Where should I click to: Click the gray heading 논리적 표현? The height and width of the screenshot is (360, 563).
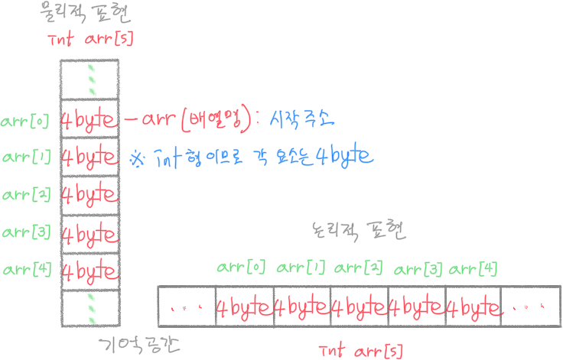pyautogui.click(x=358, y=230)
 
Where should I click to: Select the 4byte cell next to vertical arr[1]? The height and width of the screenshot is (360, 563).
pyautogui.click(x=89, y=157)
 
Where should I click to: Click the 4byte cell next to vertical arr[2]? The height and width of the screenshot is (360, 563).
pyautogui.click(x=89, y=195)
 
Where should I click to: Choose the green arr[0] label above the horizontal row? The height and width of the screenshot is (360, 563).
pyautogui.click(x=241, y=268)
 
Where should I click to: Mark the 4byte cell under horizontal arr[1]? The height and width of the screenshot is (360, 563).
pyautogui.click(x=301, y=307)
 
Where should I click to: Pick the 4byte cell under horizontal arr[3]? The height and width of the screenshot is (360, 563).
pyautogui.click(x=416, y=307)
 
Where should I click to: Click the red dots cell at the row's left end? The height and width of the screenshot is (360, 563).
pyautogui.click(x=186, y=308)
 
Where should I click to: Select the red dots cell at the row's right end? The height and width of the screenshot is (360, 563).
pyautogui.click(x=529, y=308)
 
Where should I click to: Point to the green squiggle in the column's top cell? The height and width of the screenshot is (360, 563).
pyautogui.click(x=92, y=79)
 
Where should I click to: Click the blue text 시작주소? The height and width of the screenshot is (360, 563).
pyautogui.click(x=304, y=119)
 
